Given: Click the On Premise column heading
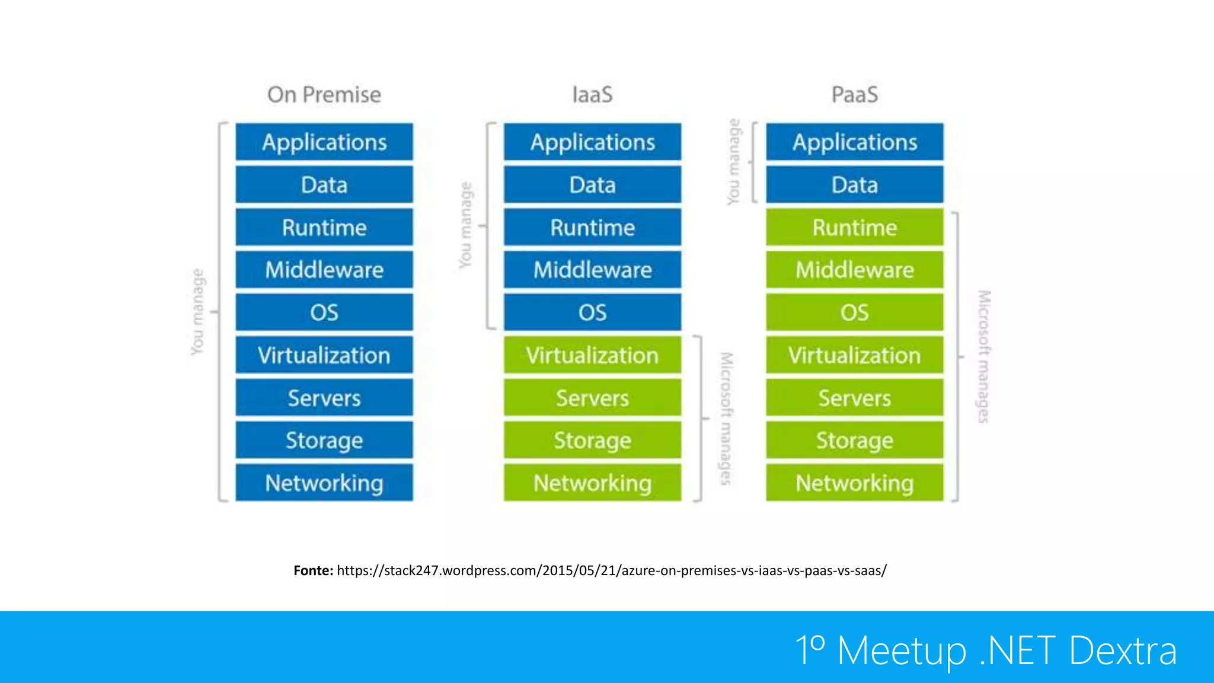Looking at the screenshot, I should [x=324, y=95].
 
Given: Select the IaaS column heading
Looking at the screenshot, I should [x=592, y=95].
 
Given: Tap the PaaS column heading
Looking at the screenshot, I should [x=854, y=95].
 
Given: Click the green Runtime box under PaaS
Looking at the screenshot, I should [x=854, y=228].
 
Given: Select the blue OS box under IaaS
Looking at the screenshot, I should [x=592, y=312].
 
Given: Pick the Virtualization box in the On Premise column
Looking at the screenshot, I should [x=324, y=355].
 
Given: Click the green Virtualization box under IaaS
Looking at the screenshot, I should [x=592, y=355].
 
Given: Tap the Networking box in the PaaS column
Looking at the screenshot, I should [x=854, y=483].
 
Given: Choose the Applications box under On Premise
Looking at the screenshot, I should [x=324, y=142].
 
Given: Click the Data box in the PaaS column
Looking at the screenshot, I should [x=854, y=185].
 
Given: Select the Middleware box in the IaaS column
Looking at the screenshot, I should [x=592, y=270].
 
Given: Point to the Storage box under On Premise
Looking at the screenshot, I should [x=324, y=441].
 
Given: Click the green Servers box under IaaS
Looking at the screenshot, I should [x=592, y=398].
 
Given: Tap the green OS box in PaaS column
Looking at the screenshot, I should [x=854, y=312].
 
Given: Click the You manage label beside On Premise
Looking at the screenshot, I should [x=197, y=312].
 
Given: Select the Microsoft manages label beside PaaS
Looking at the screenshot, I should [x=983, y=356].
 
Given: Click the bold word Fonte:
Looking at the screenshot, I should [x=313, y=570].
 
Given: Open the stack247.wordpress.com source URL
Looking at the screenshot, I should [x=611, y=570].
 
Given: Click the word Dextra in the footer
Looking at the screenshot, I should [x=1123, y=650].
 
